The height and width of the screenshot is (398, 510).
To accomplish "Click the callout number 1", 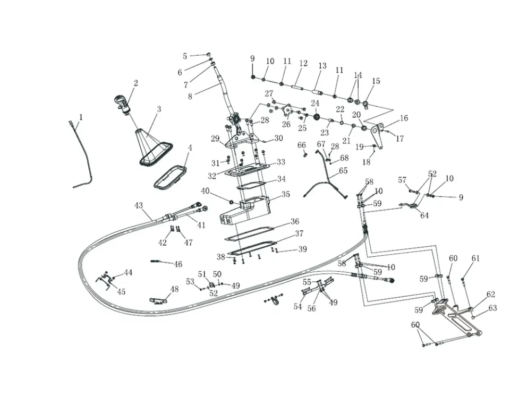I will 81,117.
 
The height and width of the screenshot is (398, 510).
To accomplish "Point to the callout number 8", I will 190,96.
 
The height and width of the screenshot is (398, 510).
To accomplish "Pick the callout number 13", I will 322,66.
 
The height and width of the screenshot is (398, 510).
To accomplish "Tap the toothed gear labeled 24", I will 316,116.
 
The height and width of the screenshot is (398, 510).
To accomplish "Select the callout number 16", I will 404,118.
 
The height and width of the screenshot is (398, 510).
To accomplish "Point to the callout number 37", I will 300,234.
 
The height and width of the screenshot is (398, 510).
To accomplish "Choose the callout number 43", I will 139,205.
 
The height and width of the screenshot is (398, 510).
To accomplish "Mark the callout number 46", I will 178,264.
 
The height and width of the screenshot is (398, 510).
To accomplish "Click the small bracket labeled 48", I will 158,301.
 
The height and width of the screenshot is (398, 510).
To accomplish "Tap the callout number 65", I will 343,171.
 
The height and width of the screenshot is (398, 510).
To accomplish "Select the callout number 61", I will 475,258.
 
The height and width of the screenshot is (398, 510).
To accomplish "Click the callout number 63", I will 492,308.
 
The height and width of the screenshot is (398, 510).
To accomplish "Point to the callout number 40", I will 205,191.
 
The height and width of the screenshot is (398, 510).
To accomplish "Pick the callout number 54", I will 297,307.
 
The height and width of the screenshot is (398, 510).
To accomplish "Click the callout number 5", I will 185,56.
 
